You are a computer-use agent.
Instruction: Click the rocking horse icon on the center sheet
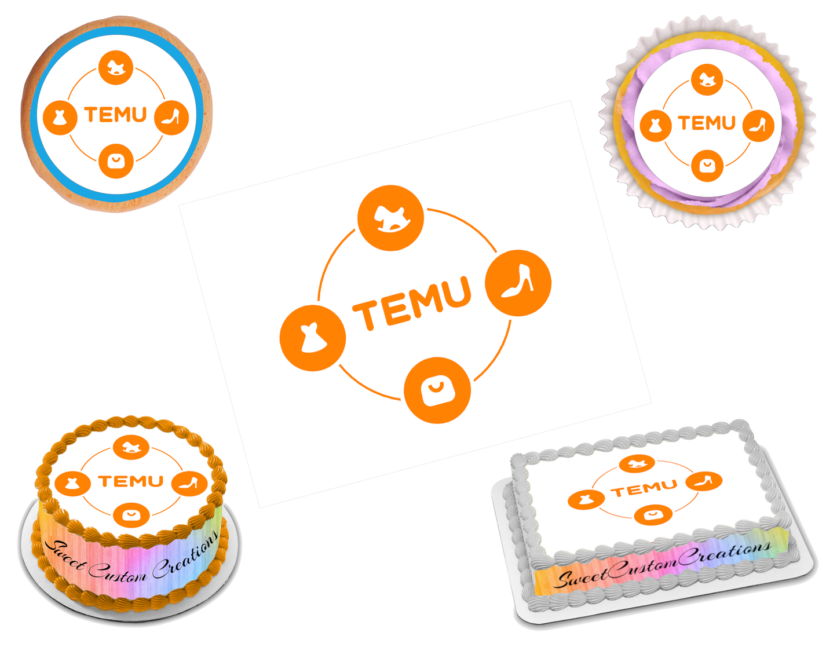coord(390,218)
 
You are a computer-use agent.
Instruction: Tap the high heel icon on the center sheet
coord(518,283)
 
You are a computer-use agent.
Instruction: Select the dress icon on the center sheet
coord(313,338)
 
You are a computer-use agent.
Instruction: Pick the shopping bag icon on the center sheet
coord(437,390)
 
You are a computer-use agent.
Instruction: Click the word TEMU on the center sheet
coord(412,304)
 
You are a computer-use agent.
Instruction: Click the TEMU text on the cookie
coord(116,115)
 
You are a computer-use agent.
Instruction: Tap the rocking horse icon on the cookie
coord(116,68)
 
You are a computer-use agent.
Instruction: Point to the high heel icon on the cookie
coord(172,118)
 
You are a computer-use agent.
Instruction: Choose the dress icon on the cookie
coord(60,118)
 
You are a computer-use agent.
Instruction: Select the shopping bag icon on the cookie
coord(116,160)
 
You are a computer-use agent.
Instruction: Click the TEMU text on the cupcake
coord(707,123)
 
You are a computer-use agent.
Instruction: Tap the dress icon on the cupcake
coord(656,125)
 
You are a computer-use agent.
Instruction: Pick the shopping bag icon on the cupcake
coord(707,166)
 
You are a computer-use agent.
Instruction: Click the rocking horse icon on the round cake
coord(131,447)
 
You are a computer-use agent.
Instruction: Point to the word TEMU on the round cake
coord(131,481)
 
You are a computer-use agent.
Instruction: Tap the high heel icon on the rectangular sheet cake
coord(704,481)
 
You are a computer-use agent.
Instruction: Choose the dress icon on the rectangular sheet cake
coord(586,499)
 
